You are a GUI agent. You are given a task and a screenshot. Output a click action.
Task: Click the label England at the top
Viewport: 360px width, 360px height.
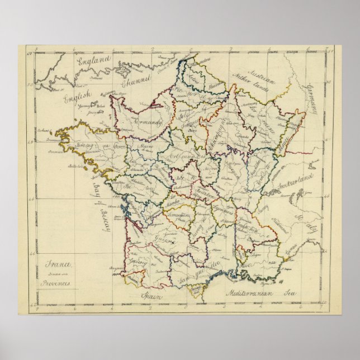coord(94,61)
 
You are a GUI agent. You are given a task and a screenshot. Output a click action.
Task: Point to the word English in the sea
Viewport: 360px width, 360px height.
coord(75,100)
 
